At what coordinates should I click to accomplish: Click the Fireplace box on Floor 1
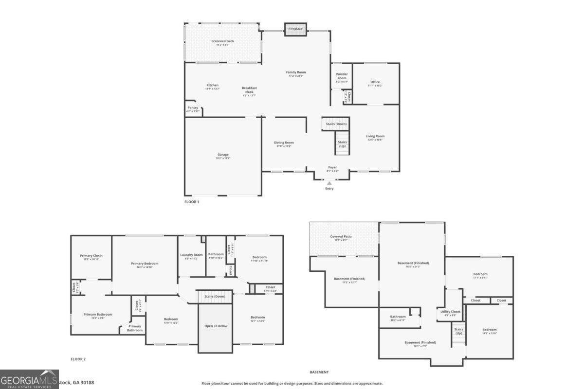coord(295,29)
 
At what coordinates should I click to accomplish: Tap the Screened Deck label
coord(222,41)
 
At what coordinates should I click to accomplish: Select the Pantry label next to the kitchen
coord(193,108)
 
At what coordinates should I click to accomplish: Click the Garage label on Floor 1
coord(223,155)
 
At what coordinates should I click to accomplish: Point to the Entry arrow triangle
coord(329,183)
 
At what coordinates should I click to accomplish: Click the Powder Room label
coord(342,76)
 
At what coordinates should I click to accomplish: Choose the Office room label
coord(375,82)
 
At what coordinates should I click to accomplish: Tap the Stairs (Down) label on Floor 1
coord(336,124)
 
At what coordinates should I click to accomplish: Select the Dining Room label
coord(285,142)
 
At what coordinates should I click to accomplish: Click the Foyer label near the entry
coord(332,167)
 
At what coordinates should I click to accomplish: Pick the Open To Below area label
coord(215,326)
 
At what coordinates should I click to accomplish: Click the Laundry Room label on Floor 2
coord(191,255)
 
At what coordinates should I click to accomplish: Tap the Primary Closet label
coord(91,256)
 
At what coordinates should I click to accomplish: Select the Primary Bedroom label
coord(145,264)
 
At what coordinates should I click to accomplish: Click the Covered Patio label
coord(341,237)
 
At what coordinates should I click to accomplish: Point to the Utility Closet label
coord(450,312)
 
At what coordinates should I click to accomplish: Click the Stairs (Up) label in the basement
coord(458,331)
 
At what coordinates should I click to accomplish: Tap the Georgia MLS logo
coord(29,379)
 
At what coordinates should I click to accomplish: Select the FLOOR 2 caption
coord(78,359)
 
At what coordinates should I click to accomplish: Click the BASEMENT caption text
coord(319,372)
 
